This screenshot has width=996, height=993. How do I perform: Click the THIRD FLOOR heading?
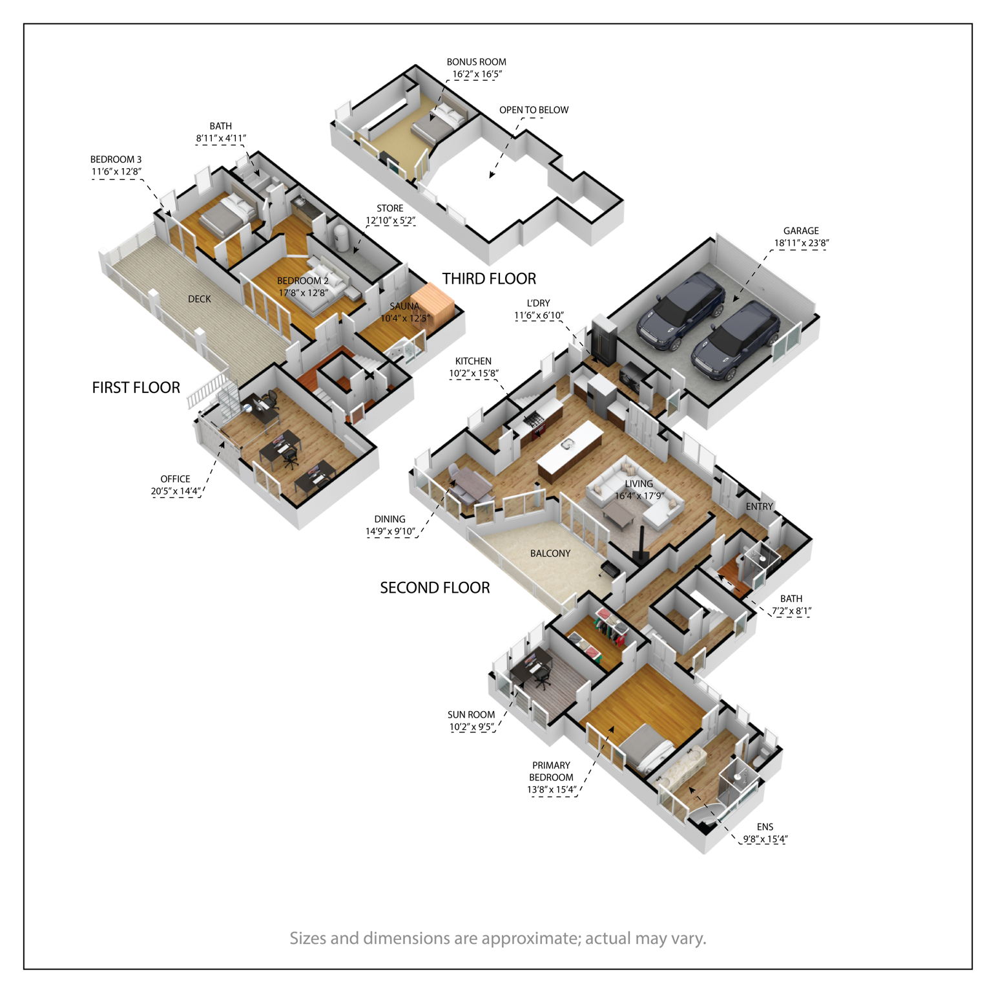coord(489,279)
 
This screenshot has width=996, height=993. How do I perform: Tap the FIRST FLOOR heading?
coord(136,387)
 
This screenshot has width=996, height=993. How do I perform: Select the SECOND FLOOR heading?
coord(435,588)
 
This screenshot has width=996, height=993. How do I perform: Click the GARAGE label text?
coord(801,231)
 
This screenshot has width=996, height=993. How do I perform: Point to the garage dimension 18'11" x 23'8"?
coord(802,244)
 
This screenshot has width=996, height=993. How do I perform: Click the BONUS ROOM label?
coord(477,62)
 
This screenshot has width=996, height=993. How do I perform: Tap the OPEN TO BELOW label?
coord(534,110)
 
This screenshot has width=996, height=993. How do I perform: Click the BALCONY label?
coord(550,553)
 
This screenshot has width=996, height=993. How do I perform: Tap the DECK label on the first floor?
coord(200,299)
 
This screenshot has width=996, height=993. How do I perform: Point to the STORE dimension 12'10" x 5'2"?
coord(390,220)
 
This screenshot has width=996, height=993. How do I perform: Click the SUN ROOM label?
coord(471,714)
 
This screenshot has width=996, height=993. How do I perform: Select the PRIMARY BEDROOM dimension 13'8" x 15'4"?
coord(552,789)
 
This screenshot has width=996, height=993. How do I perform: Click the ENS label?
coord(765,827)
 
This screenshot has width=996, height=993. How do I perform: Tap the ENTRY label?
coord(759,506)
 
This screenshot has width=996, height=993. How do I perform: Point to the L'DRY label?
coord(538,303)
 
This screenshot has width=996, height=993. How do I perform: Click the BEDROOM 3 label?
coord(116,159)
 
